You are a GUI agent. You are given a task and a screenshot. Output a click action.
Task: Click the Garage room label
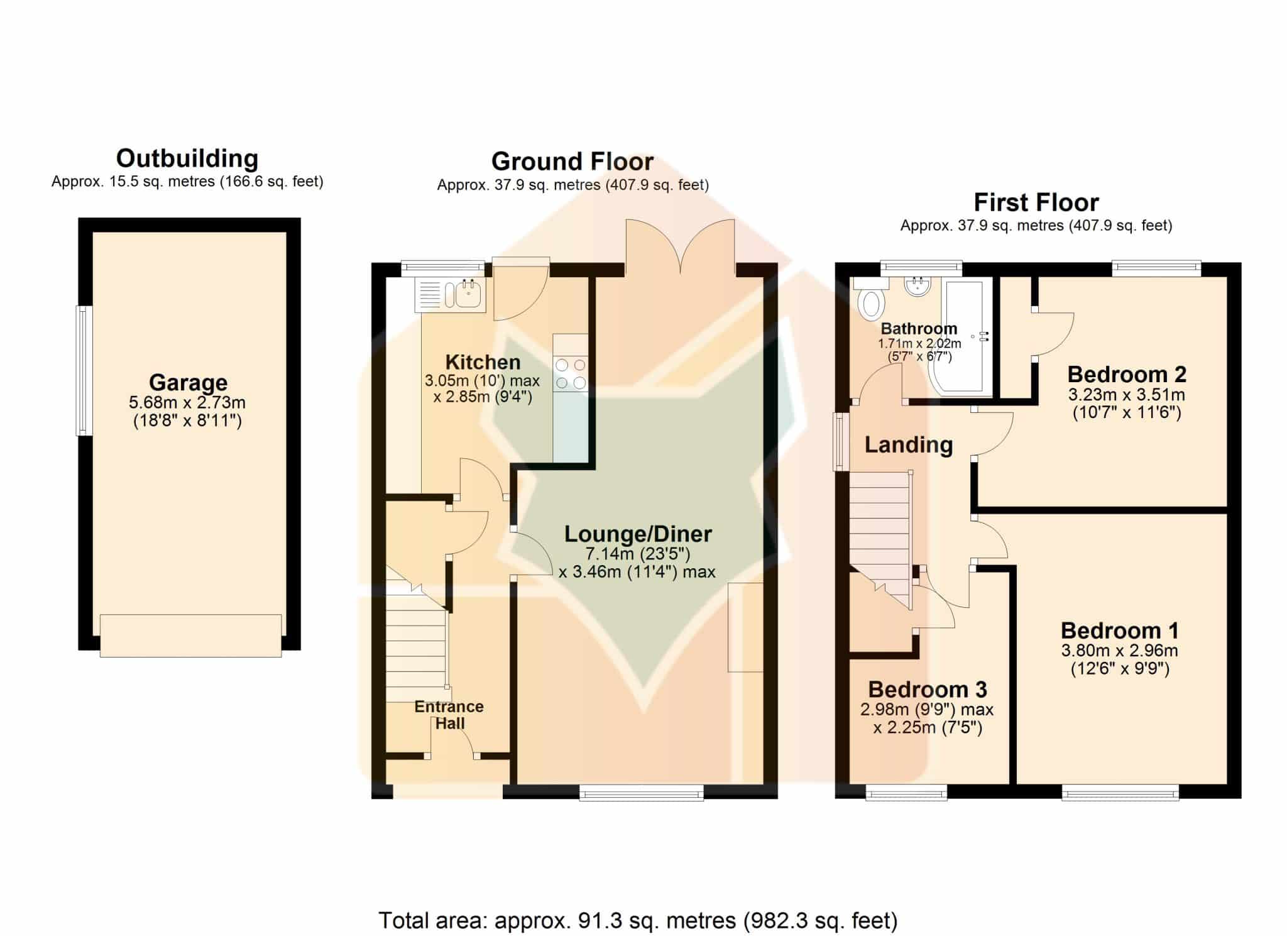point(188,382)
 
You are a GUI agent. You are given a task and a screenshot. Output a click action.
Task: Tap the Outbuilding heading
point(187,158)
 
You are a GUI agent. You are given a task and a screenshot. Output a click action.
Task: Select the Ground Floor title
point(572,162)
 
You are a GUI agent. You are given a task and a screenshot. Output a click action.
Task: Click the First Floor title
point(1036,202)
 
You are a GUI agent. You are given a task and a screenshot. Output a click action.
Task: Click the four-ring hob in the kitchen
point(571,373)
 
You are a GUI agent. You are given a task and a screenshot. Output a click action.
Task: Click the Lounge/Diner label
point(638,534)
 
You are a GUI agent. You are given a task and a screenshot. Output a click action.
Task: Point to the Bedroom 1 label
point(1120,630)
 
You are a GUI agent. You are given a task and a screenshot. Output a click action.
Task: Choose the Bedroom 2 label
point(1127,375)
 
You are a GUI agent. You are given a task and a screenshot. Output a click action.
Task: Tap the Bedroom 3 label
point(928,690)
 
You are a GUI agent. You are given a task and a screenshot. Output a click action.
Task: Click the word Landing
point(909,445)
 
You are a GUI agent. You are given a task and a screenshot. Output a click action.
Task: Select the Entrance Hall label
point(449,715)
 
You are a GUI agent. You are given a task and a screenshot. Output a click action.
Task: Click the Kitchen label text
point(483,362)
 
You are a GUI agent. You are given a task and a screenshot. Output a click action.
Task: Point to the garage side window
point(84,370)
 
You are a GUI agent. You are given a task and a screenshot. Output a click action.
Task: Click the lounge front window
point(641,793)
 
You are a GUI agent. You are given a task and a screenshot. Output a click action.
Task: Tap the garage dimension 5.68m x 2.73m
point(187,402)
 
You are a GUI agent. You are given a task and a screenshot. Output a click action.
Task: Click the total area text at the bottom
point(638,921)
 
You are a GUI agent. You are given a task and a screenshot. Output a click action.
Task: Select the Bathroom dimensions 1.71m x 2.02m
point(919,344)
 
